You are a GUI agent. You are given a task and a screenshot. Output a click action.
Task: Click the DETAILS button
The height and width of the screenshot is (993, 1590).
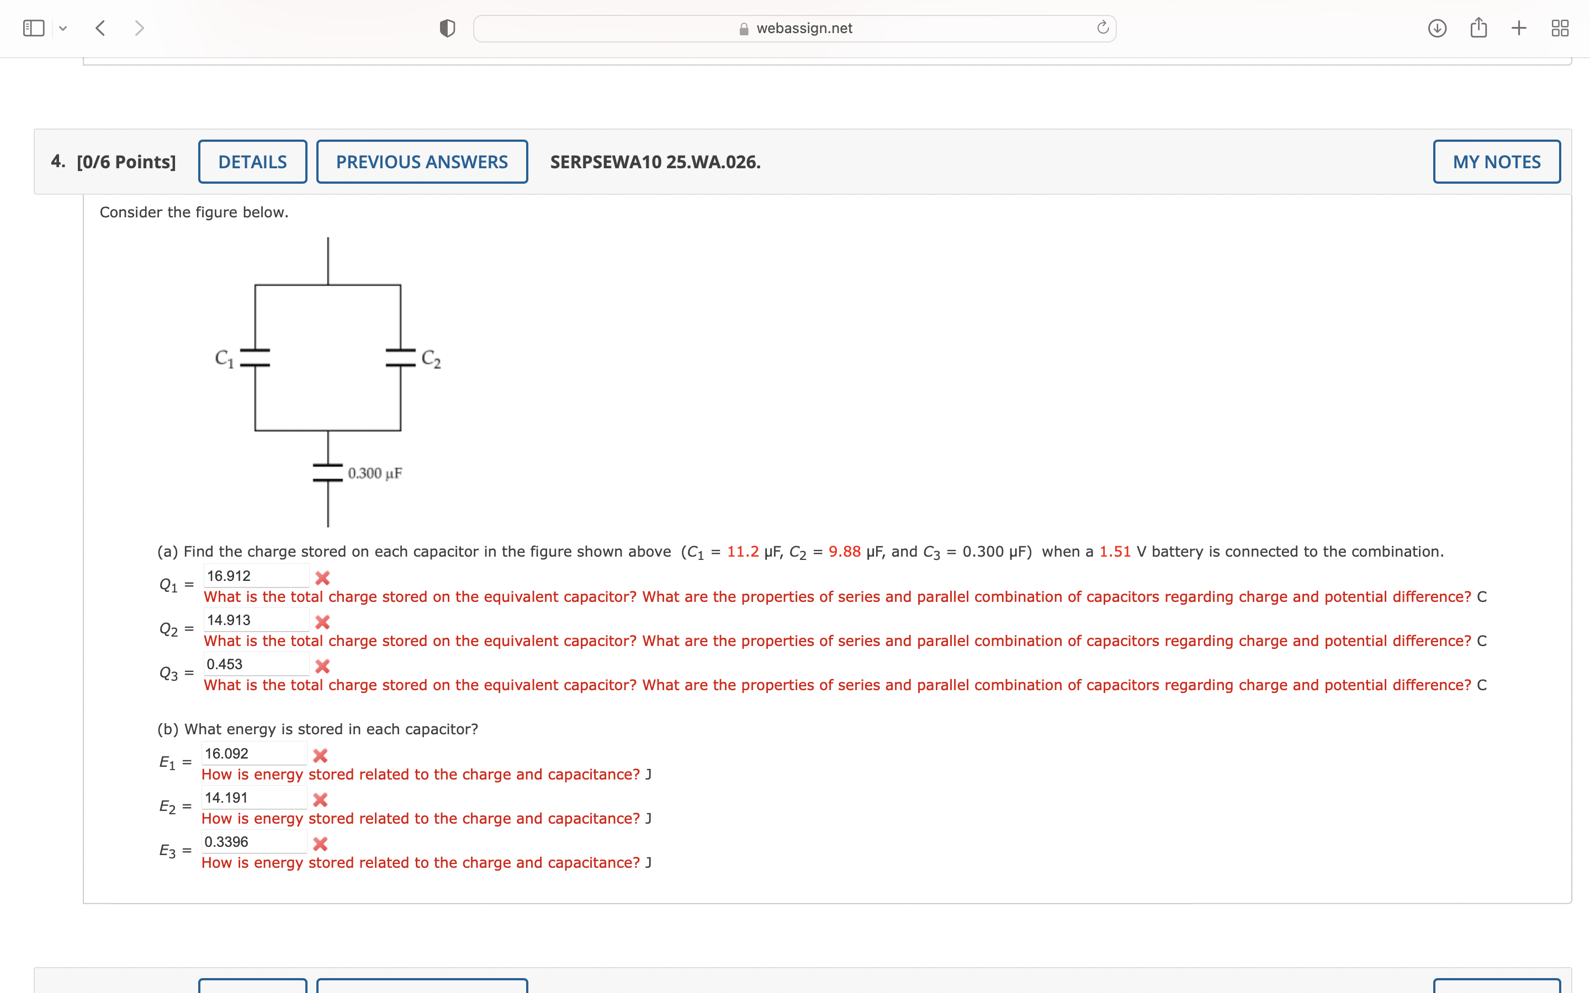pyautogui.click(x=252, y=162)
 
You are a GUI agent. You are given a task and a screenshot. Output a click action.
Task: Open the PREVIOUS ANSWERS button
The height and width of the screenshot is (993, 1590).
pyautogui.click(x=422, y=162)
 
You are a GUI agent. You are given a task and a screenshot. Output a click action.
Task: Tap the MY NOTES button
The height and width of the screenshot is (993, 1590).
pyautogui.click(x=1496, y=162)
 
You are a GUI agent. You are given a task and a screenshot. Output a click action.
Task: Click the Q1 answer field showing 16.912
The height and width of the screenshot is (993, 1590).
pyautogui.click(x=256, y=576)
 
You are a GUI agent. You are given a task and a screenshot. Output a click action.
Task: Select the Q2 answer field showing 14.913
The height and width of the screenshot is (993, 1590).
pyautogui.click(x=256, y=620)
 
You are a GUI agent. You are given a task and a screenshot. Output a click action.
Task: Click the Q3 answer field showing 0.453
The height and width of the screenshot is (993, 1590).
pyautogui.click(x=256, y=664)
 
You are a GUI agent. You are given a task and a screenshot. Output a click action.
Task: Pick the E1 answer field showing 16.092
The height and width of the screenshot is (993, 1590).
pyautogui.click(x=253, y=753)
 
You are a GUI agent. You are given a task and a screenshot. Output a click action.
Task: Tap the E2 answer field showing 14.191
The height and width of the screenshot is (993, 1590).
pyautogui.click(x=253, y=797)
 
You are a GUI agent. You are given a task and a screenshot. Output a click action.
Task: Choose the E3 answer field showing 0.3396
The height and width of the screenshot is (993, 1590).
pyautogui.click(x=253, y=841)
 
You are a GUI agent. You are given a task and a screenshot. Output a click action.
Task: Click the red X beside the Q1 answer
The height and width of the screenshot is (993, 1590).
pyautogui.click(x=322, y=578)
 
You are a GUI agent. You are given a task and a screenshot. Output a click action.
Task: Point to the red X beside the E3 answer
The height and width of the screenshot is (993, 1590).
pyautogui.click(x=320, y=844)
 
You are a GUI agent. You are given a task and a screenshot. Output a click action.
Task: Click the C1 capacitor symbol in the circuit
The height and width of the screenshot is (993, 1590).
pyautogui.click(x=255, y=358)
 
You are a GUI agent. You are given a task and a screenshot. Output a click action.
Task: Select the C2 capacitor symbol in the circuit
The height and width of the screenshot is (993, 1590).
pyautogui.click(x=400, y=358)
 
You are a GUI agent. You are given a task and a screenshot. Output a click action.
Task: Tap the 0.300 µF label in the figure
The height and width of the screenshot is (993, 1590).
pyautogui.click(x=374, y=473)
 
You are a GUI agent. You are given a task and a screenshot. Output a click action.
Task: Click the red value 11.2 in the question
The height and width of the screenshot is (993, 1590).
pyautogui.click(x=743, y=552)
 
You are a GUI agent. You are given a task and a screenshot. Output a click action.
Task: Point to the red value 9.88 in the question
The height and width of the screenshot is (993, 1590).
pyautogui.click(x=844, y=552)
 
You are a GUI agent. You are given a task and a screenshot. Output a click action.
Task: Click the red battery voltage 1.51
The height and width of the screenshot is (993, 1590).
pyautogui.click(x=1115, y=552)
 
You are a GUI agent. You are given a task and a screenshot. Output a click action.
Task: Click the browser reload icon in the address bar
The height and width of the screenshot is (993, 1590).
pyautogui.click(x=1103, y=28)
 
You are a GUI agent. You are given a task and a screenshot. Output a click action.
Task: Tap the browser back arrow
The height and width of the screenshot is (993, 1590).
pyautogui.click(x=100, y=28)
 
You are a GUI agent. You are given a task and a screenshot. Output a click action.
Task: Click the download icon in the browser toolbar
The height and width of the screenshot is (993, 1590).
pyautogui.click(x=1437, y=28)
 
